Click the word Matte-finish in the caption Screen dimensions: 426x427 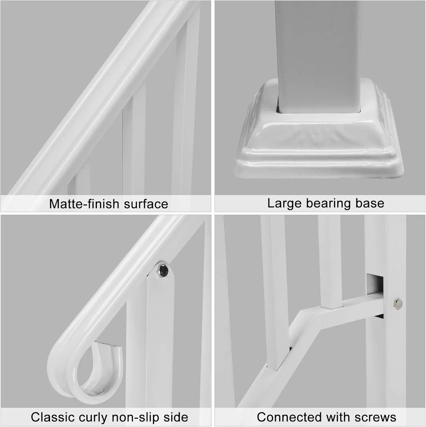tap(84, 204)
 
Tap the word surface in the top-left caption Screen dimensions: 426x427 tap(146, 204)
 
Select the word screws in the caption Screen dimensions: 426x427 tap(376, 418)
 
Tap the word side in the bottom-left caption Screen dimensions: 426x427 tap(176, 417)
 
